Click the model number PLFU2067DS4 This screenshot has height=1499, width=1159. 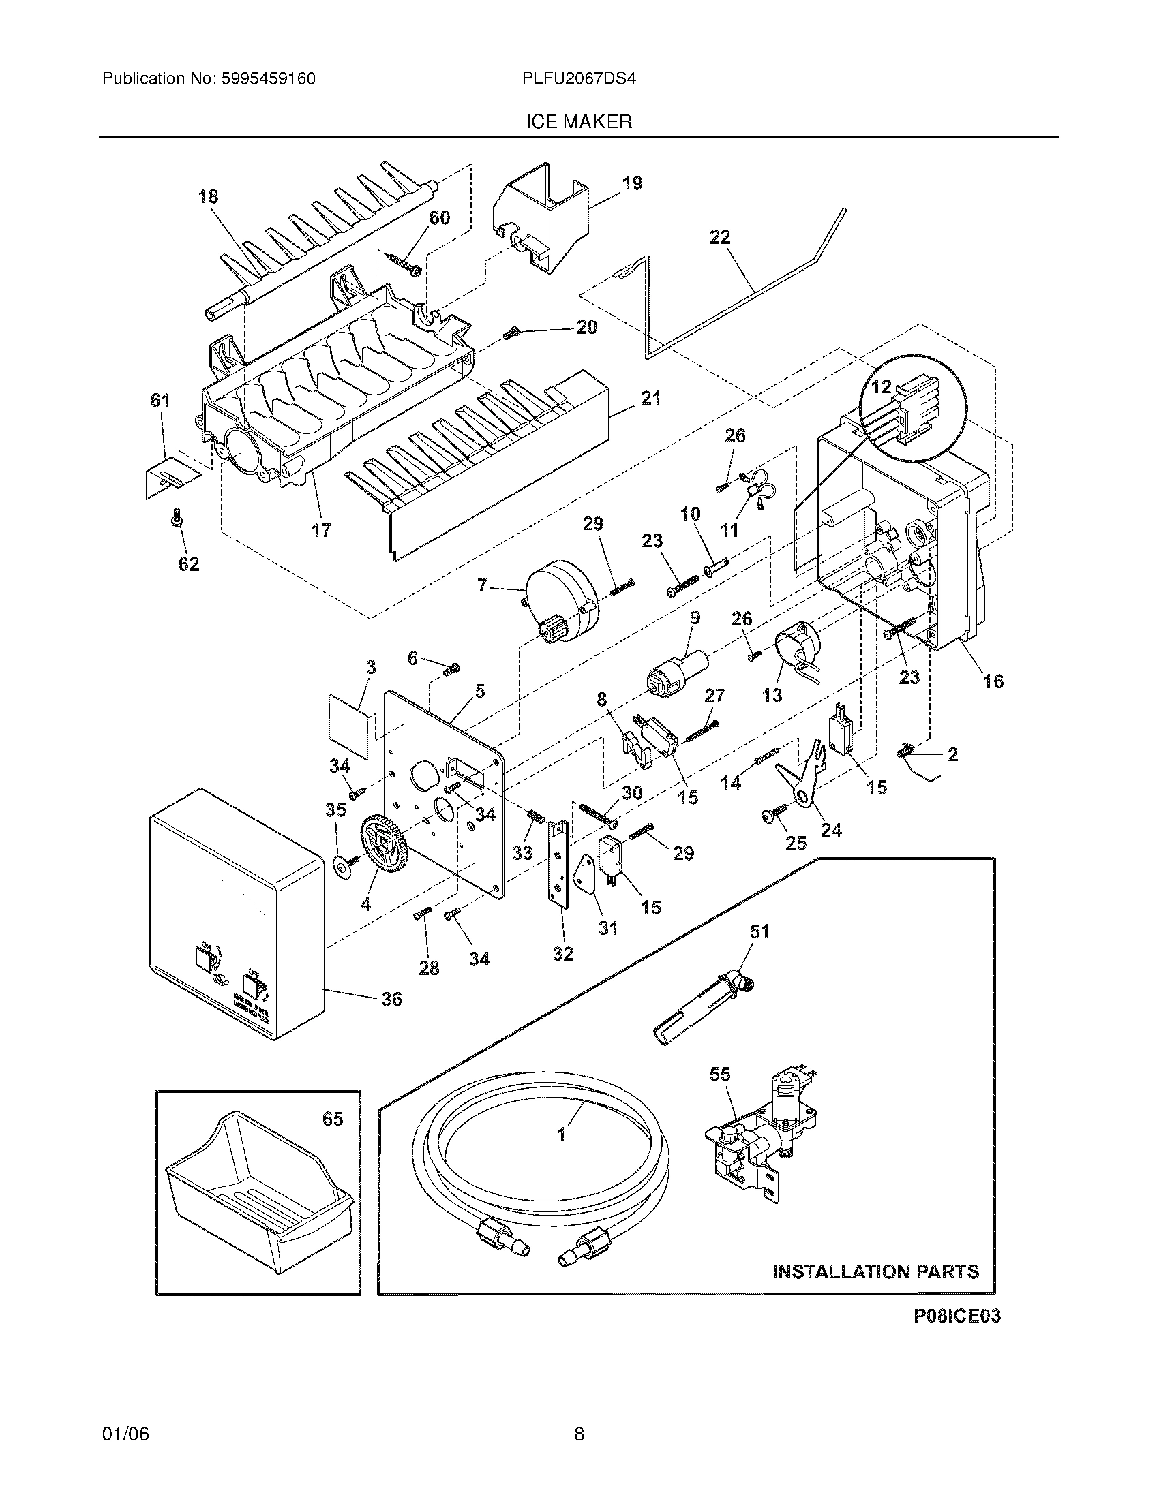click(x=578, y=78)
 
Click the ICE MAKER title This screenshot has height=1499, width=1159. click(x=579, y=122)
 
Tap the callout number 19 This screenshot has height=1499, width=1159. click(x=632, y=183)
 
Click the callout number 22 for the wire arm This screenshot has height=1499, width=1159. click(x=719, y=238)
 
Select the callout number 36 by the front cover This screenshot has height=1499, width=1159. click(x=391, y=1000)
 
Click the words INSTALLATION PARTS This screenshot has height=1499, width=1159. click(x=875, y=1271)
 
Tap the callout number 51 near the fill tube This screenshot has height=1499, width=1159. click(x=759, y=931)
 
